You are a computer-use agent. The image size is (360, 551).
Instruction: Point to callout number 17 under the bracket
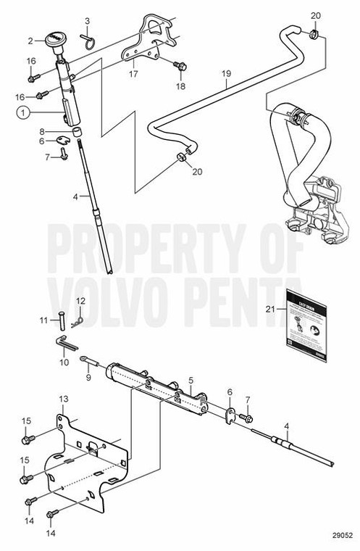132,72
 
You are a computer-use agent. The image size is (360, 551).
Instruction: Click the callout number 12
81,300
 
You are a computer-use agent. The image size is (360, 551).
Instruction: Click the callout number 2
30,41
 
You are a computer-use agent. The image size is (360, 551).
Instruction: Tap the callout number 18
180,86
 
